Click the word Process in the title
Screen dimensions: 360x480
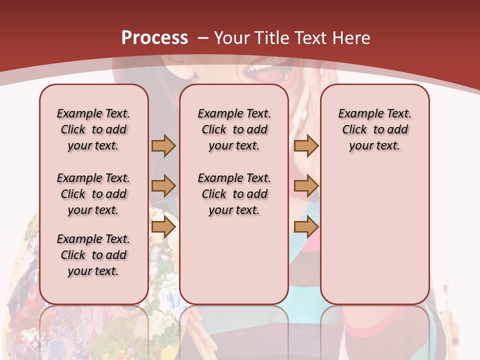point(154,37)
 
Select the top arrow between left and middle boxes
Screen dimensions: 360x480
point(163,145)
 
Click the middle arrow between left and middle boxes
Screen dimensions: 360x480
point(163,186)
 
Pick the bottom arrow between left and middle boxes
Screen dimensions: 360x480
point(163,227)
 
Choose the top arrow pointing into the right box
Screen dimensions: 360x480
point(306,145)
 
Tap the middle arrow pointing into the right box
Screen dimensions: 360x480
point(306,186)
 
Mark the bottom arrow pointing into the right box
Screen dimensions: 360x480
point(306,227)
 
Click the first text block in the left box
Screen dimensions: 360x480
point(93,129)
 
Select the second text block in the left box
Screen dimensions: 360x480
point(93,194)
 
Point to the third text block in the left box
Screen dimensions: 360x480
point(93,255)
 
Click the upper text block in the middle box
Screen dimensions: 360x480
point(234,129)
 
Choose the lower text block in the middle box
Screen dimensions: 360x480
point(234,194)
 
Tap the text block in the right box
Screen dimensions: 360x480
point(374,129)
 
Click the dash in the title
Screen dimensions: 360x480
point(203,38)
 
